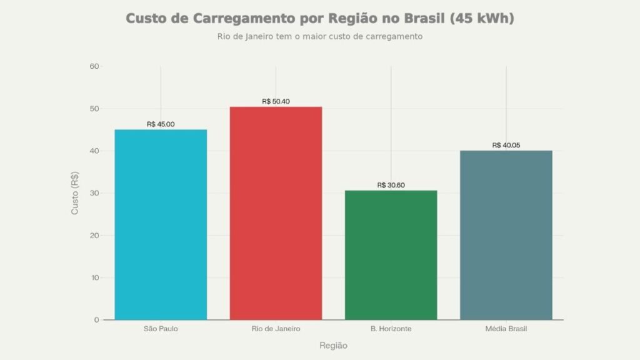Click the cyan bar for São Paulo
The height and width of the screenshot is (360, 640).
pyautogui.click(x=161, y=224)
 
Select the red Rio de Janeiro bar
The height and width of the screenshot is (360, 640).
pyautogui.click(x=276, y=213)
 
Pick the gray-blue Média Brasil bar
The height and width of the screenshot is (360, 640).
pyautogui.click(x=506, y=235)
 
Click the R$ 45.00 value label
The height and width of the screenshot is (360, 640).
pyautogui.click(x=161, y=124)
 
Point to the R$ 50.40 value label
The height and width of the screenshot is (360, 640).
pyautogui.click(x=276, y=102)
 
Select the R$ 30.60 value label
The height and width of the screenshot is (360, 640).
pyautogui.click(x=391, y=185)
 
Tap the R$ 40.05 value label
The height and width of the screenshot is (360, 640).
pyautogui.click(x=506, y=145)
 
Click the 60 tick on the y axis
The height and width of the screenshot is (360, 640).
pyautogui.click(x=94, y=66)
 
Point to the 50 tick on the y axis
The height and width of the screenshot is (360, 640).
pyautogui.click(x=94, y=109)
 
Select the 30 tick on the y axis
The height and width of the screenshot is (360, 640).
pyautogui.click(x=94, y=193)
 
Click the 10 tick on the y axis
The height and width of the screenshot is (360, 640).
pyautogui.click(x=94, y=277)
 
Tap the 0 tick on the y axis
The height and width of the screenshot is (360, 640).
pyautogui.click(x=96, y=320)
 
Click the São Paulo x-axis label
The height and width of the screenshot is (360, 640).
pyautogui.click(x=161, y=329)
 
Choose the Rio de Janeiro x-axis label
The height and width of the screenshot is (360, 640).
pyautogui.click(x=276, y=329)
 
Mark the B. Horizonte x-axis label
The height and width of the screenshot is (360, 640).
pyautogui.click(x=391, y=329)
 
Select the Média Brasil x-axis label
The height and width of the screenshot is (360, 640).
pyautogui.click(x=506, y=329)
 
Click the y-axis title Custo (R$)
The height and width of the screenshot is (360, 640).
pyautogui.click(x=75, y=193)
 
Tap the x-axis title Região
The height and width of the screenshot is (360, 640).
pyautogui.click(x=333, y=346)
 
